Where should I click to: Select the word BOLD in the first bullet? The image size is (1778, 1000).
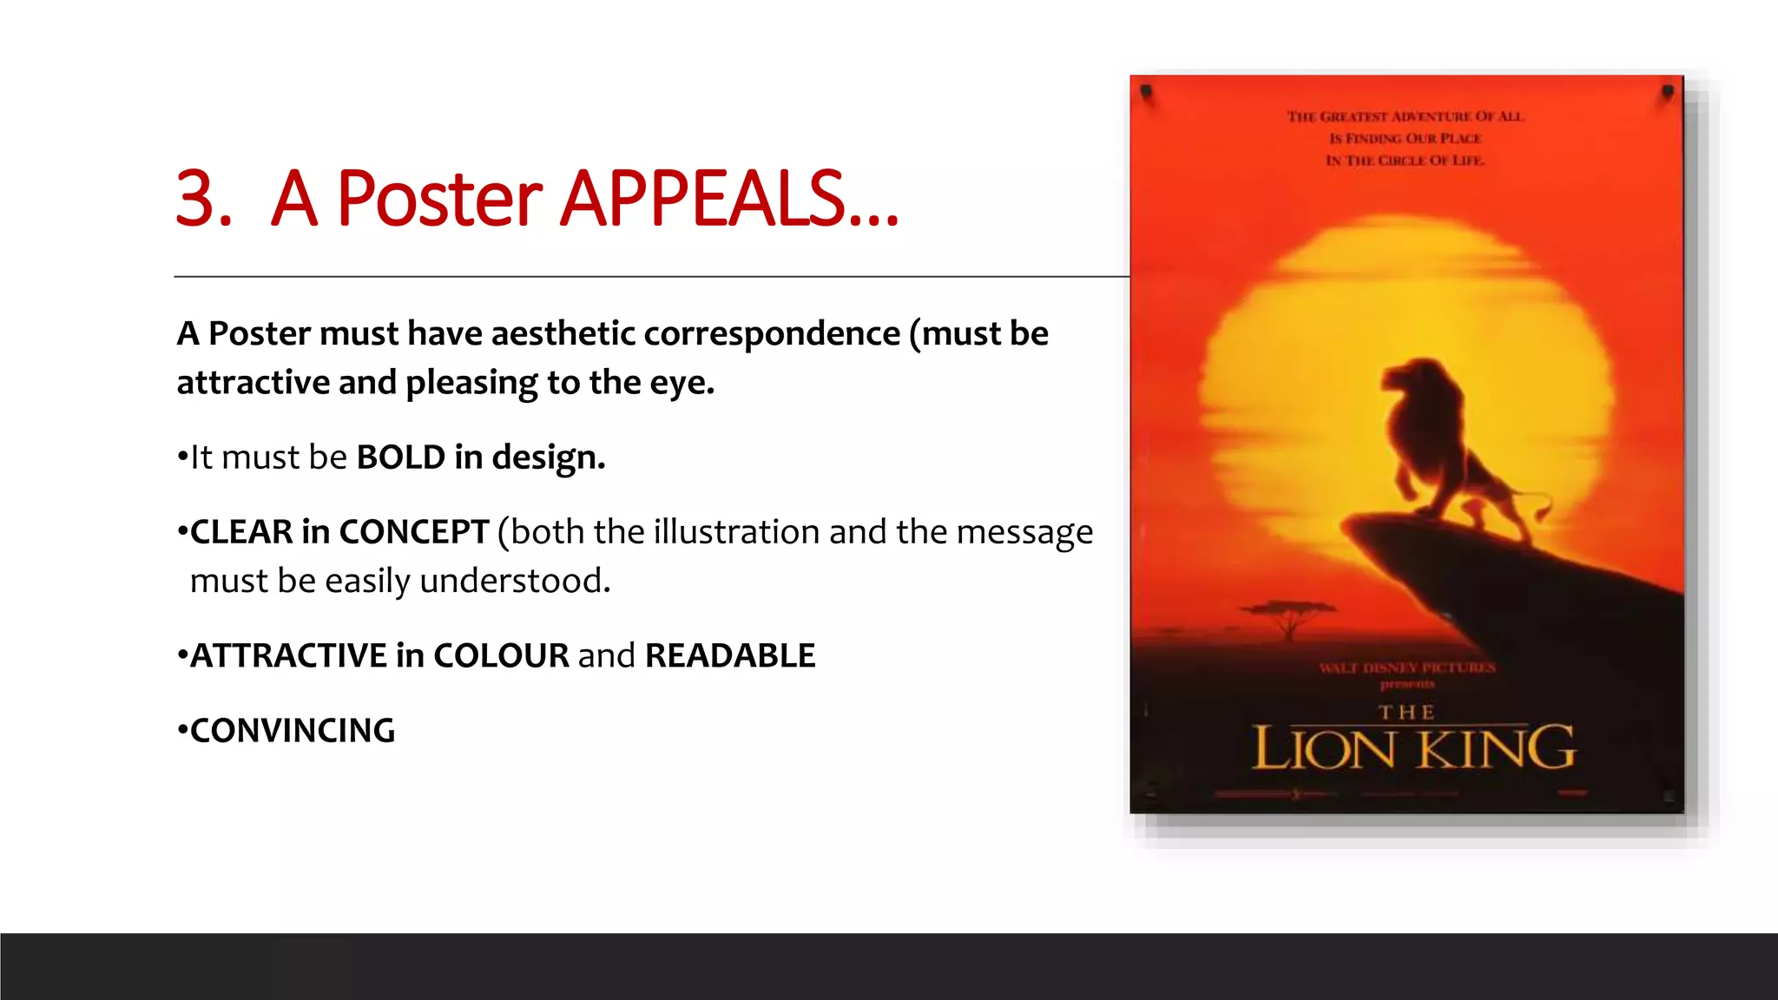click(400, 457)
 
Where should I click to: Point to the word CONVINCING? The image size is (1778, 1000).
click(293, 731)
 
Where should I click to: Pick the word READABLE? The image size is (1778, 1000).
click(730, 656)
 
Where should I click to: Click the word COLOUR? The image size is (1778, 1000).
click(501, 656)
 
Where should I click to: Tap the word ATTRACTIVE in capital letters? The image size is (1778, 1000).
click(288, 656)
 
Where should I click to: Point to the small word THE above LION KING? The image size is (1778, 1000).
click(1406, 713)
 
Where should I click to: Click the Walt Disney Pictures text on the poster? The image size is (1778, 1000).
click(1407, 668)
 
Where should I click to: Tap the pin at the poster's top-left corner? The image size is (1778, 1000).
click(1146, 91)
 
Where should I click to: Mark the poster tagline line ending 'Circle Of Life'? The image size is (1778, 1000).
click(1406, 161)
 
